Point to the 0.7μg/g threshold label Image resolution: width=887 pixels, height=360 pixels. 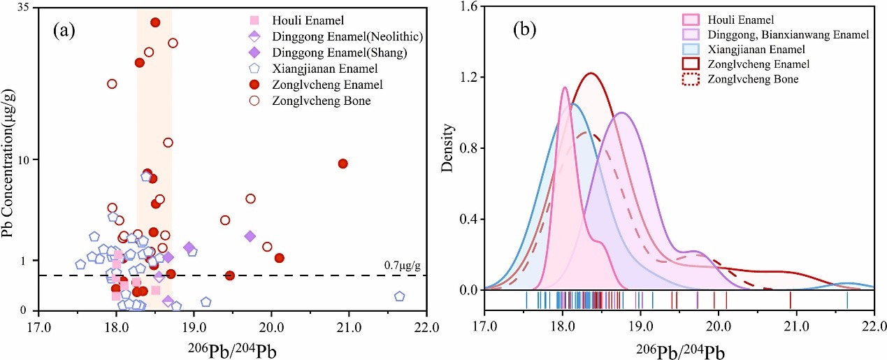pos(404,266)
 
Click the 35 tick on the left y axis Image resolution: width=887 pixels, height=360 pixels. pos(27,8)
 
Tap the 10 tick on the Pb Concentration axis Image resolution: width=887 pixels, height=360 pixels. pos(27,160)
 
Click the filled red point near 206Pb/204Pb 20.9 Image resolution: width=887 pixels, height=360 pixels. pos(342,164)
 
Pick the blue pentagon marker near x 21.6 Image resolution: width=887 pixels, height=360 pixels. pos(399,296)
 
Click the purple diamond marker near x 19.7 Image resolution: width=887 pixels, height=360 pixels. pos(250,236)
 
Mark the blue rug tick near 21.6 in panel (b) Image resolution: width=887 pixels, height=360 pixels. pos(847,300)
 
